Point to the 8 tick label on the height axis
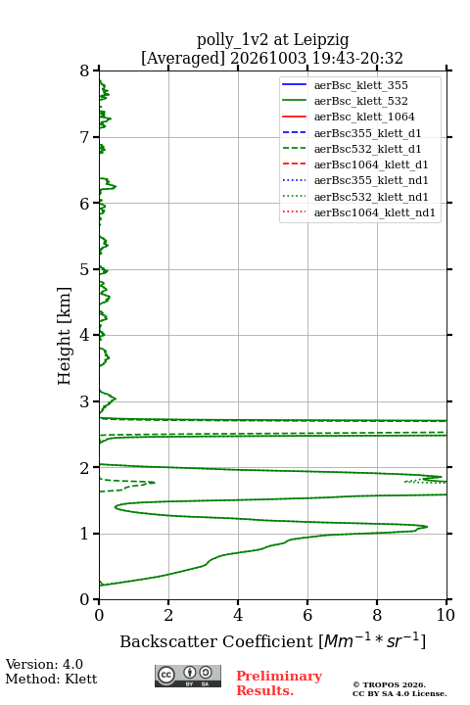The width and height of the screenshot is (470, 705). pos(85,70)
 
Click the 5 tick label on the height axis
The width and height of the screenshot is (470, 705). pos(85,270)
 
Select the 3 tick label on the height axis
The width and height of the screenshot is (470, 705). pos(85,401)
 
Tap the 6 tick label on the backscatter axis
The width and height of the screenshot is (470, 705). pos(307,615)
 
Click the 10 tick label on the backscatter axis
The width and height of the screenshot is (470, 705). pos(446,615)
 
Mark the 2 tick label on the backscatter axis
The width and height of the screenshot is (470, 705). pos(168,615)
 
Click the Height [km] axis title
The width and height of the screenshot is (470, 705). pos(65,336)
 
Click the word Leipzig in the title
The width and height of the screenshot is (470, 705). pos(321,40)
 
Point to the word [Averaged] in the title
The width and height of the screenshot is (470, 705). pos(182,59)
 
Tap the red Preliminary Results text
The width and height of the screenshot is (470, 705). pos(279,683)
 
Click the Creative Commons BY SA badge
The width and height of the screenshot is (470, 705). pos(188,676)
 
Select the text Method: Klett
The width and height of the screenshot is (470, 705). pos(51,679)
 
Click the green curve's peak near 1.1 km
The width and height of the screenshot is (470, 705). pos(427,527)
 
